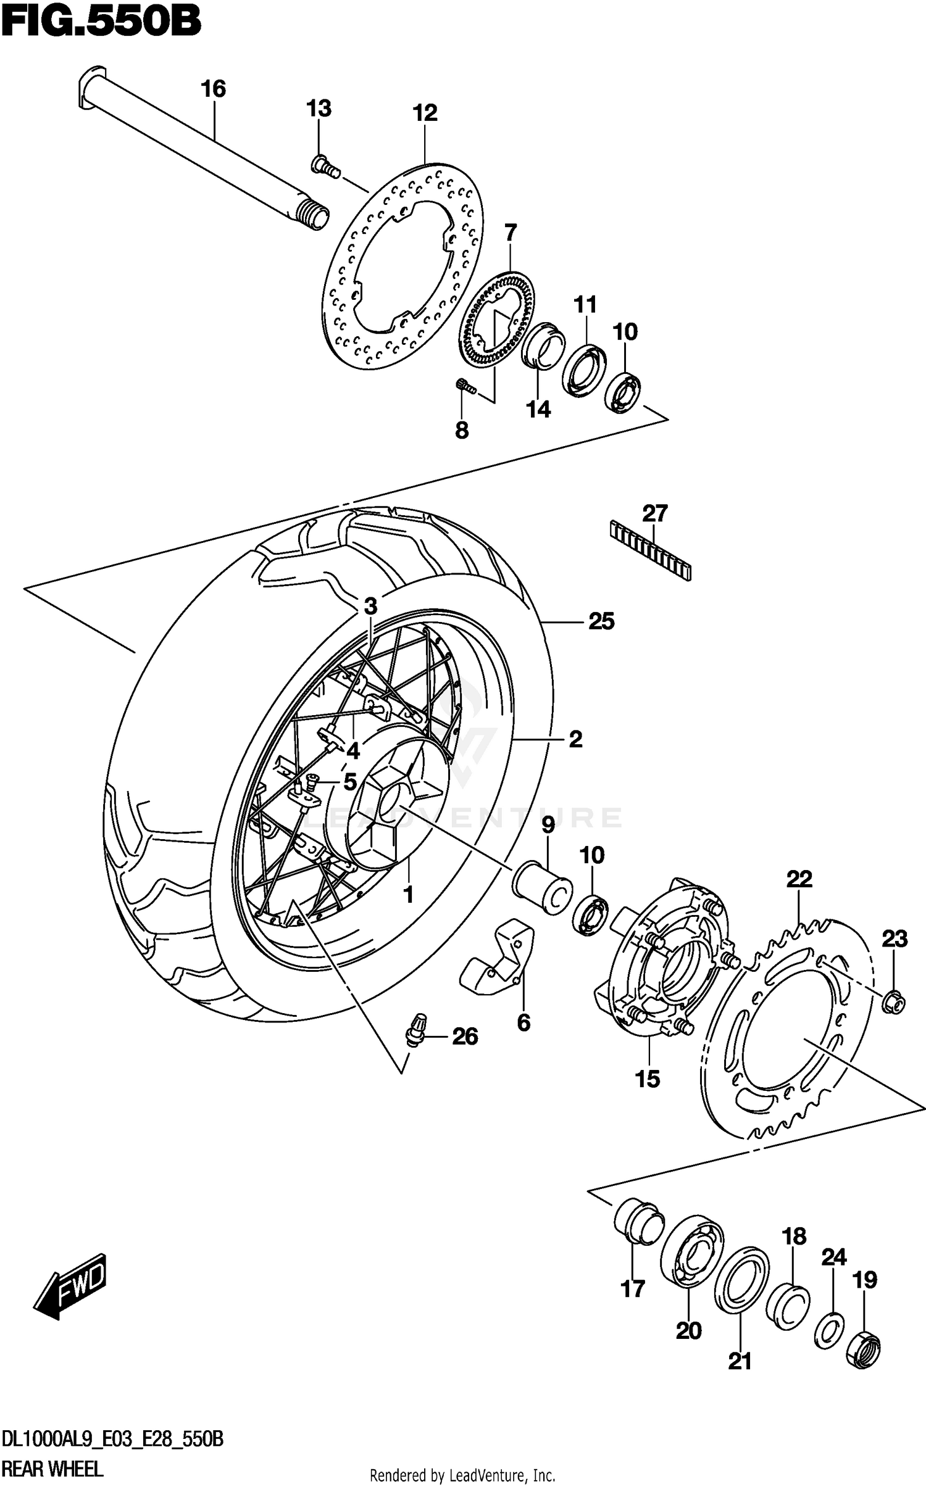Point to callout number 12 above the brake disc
pyautogui.click(x=425, y=113)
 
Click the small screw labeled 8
pyautogui.click(x=465, y=386)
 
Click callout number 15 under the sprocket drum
pyautogui.click(x=648, y=1079)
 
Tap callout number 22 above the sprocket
pyautogui.click(x=799, y=879)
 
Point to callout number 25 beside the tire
pyautogui.click(x=601, y=621)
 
